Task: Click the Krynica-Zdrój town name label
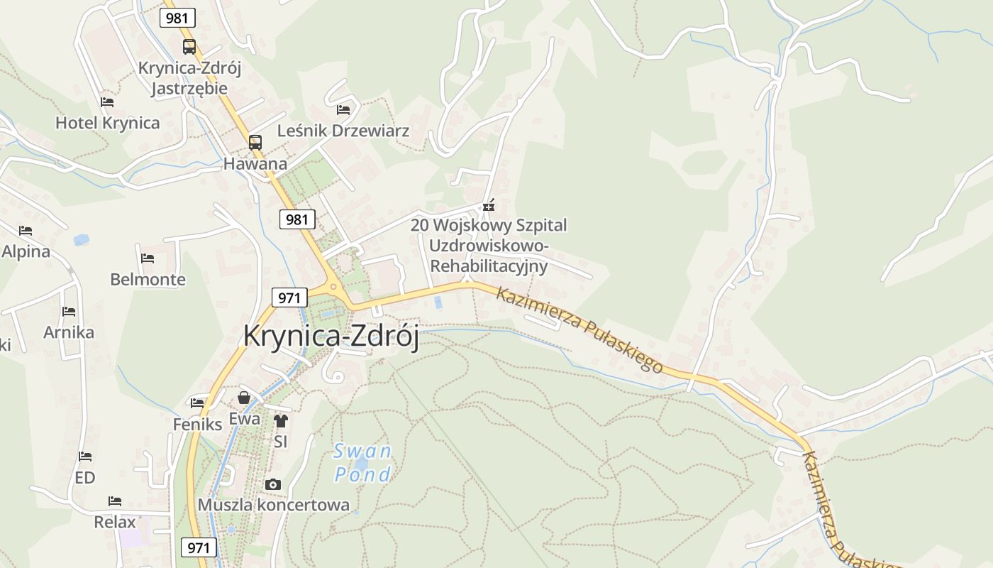(331, 336)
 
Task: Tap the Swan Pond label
(362, 462)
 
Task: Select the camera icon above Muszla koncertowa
(272, 485)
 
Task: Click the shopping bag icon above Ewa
(244, 398)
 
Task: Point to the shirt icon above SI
(280, 420)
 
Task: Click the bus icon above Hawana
(255, 142)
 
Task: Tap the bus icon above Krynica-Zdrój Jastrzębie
(189, 47)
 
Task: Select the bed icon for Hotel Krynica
(107, 102)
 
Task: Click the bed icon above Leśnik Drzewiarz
(343, 109)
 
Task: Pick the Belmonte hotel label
(148, 279)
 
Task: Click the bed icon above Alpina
(26, 231)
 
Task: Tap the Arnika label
(68, 332)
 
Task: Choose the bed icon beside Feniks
(197, 403)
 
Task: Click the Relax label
(114, 522)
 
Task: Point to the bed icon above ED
(85, 457)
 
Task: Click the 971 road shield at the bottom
(199, 547)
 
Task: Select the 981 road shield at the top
(177, 18)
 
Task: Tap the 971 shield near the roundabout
(289, 297)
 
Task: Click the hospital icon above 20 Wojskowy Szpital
(488, 205)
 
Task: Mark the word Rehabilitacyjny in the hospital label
(489, 266)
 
